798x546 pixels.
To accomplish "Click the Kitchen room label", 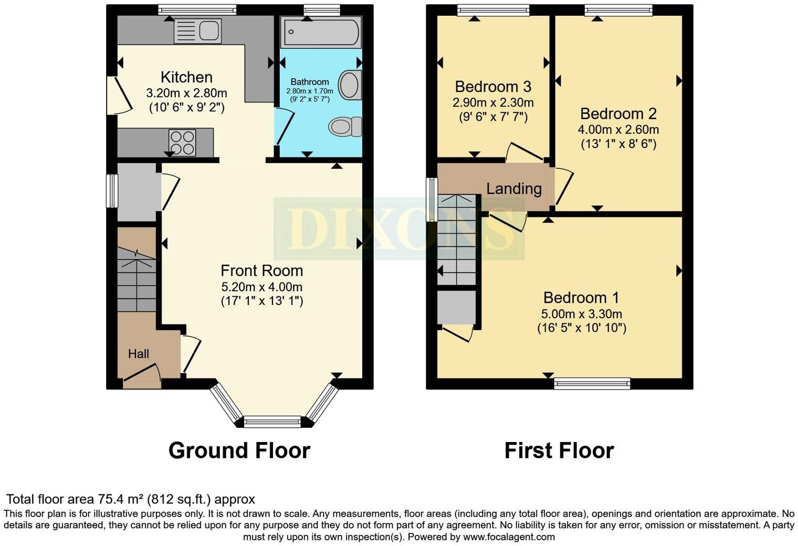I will pyautogui.click(x=186, y=77).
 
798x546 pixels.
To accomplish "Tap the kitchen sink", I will pyautogui.click(x=197, y=30).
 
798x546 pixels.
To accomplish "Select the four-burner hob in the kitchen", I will pyautogui.click(x=182, y=142).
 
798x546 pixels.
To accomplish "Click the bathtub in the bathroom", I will pyautogui.click(x=321, y=32).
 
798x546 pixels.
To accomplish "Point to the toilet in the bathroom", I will pyautogui.click(x=345, y=127).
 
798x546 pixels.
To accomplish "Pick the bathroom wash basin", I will pyautogui.click(x=349, y=85).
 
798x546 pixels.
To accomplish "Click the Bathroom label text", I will pyautogui.click(x=310, y=82).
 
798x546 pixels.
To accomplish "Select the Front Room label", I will pyautogui.click(x=261, y=271).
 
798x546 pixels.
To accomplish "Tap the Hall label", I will pyautogui.click(x=139, y=354).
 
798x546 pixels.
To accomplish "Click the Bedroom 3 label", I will pyautogui.click(x=493, y=87).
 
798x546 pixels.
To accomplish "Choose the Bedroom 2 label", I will pyautogui.click(x=618, y=114).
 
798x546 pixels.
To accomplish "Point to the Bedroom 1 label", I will pyautogui.click(x=581, y=298).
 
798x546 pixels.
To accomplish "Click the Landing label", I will pyautogui.click(x=513, y=188).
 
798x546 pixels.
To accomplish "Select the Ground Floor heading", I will pyautogui.click(x=239, y=450).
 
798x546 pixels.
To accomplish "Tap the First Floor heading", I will pyautogui.click(x=559, y=450).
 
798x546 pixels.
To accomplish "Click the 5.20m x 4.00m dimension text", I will pyautogui.click(x=261, y=287).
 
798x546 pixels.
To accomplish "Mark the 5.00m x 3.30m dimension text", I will pyautogui.click(x=581, y=314).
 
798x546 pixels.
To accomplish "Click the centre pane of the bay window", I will pyautogui.click(x=272, y=421).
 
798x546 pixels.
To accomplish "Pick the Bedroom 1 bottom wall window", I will pyautogui.click(x=592, y=384).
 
